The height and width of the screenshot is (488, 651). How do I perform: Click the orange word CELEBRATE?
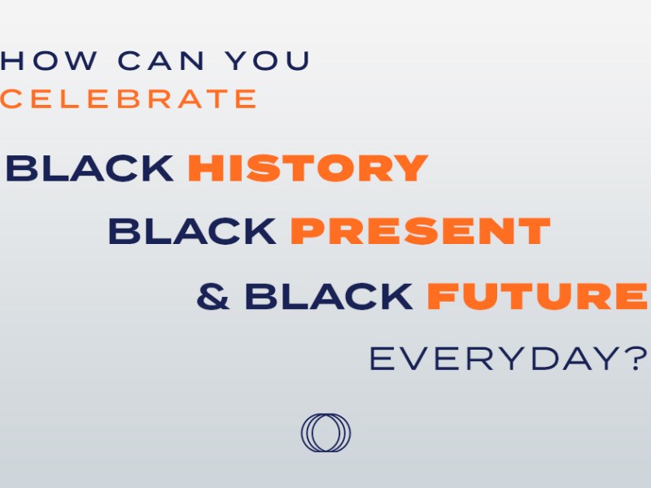129,99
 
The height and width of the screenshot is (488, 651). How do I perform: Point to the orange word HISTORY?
308,168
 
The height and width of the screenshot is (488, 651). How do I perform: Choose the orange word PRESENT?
420,232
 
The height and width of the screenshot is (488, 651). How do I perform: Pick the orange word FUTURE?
537,297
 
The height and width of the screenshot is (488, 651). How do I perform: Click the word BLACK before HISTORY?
90,168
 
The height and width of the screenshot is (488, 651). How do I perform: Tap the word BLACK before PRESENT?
192,232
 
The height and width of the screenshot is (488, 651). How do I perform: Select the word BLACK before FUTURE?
329,297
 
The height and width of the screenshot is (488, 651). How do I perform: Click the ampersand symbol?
213,297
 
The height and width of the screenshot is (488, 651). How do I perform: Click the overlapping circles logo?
325,433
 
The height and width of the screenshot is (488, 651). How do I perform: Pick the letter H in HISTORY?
204,168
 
